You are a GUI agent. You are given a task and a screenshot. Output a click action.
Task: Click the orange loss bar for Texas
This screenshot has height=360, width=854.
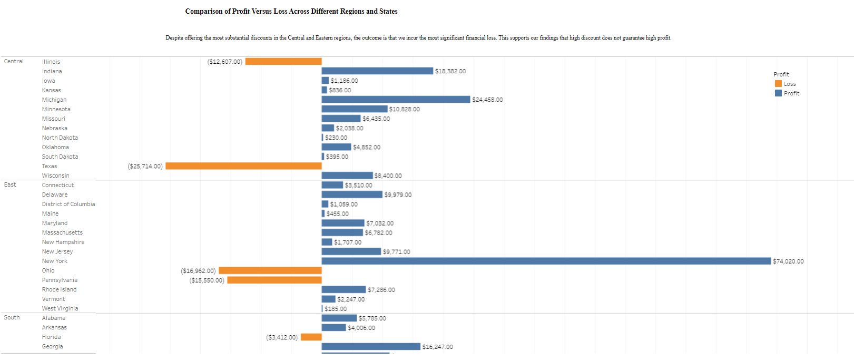pos(243,166)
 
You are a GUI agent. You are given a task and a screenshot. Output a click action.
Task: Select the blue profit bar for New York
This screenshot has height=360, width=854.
pos(546,261)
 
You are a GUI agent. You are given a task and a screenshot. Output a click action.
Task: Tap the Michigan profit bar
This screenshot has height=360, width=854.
pos(396,100)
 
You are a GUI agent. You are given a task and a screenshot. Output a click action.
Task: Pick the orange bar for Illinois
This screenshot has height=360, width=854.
pos(283,62)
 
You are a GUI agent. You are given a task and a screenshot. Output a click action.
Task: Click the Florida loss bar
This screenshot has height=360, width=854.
pos(311,337)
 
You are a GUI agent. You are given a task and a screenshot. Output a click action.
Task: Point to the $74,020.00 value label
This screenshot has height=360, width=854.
pos(788,261)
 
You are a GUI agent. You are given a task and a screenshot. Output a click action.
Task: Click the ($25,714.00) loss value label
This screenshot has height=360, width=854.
pos(145,167)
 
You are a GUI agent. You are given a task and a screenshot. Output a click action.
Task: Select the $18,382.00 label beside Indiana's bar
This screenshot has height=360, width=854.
pos(450,71)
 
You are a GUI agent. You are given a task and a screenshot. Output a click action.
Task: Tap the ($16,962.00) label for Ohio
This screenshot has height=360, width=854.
pos(198,271)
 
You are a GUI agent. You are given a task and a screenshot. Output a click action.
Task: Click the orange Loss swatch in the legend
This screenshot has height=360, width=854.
pos(778,84)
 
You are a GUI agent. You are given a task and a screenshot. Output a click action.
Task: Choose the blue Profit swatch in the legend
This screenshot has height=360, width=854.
pos(778,93)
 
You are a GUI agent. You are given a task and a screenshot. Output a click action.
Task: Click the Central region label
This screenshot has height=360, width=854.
pos(14,62)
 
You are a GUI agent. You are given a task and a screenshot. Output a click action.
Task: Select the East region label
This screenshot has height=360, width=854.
pos(10,185)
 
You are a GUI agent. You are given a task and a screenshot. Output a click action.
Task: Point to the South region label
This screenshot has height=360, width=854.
pos(12,318)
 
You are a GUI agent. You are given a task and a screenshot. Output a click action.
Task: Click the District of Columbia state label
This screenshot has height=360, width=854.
pos(68,204)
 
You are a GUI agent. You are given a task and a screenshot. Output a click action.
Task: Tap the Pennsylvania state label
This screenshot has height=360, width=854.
pos(60,280)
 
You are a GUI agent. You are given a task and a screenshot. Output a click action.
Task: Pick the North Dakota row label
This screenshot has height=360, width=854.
pos(60,138)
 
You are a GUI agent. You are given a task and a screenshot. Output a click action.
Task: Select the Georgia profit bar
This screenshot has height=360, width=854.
pos(371,346)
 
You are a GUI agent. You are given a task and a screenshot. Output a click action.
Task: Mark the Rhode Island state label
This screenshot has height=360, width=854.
pos(59,289)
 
